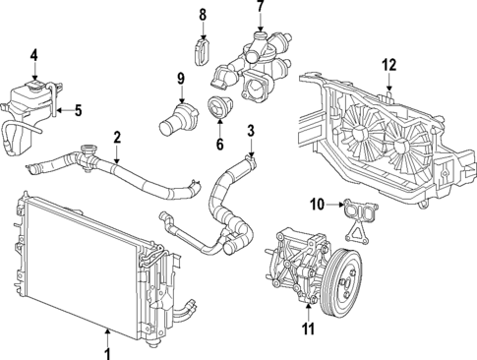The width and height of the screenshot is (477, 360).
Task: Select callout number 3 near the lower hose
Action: [x=250, y=130]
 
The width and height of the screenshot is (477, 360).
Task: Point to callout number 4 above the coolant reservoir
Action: [x=34, y=55]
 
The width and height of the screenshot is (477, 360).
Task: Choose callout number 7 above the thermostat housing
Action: [x=260, y=8]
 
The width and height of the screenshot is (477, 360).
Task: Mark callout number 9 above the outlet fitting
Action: [x=181, y=79]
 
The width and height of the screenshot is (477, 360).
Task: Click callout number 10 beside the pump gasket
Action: [x=317, y=205]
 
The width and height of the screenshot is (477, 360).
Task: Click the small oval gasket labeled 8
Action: [x=203, y=50]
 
